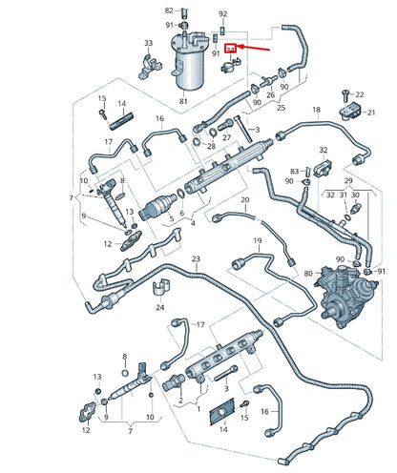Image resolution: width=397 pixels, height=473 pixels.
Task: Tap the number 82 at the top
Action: pos(169,10)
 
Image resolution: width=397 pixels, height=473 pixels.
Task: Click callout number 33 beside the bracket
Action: pos(148,44)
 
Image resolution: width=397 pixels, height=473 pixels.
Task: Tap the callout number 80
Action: pos(308,274)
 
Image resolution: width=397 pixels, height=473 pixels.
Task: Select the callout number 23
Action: pos(196,259)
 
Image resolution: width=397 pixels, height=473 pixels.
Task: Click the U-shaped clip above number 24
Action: pos(163,287)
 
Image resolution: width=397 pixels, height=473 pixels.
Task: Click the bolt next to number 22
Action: pos(344,94)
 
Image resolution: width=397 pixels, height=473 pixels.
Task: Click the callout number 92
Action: pos(222,14)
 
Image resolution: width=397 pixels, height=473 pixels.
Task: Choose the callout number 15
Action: pos(101,98)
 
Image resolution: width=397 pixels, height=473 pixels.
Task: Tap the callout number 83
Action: pos(295,171)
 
